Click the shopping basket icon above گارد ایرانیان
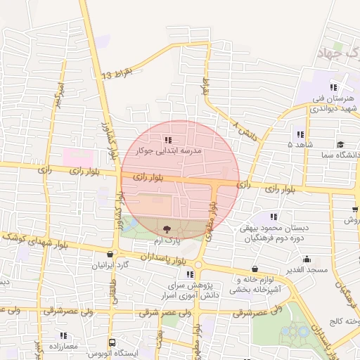pyautogui.click(x=110, y=255)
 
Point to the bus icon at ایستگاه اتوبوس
pyautogui.click(x=112, y=342)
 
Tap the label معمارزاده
pyautogui.click(x=63, y=347)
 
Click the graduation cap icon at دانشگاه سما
pyautogui.click(x=340, y=143)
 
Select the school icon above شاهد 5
pyautogui.click(x=300, y=134)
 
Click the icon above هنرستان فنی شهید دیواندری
pyautogui.click(x=333, y=87)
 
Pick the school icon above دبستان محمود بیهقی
pyautogui.click(x=274, y=217)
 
